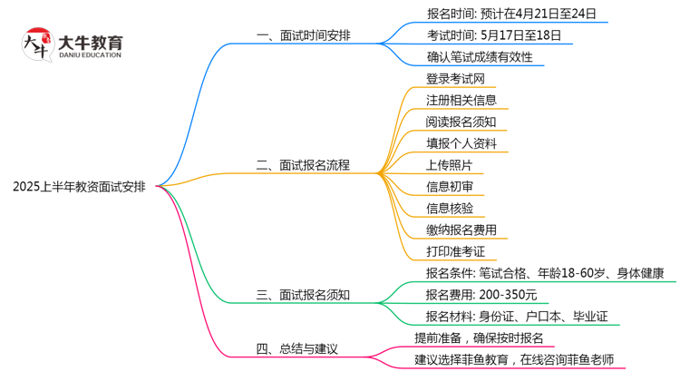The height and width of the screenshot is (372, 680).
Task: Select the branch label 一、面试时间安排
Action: (x=304, y=36)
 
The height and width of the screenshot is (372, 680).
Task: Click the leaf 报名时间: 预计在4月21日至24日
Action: (x=511, y=15)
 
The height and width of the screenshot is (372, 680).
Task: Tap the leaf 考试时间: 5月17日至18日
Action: (x=493, y=36)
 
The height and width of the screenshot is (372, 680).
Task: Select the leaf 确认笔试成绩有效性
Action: (x=479, y=58)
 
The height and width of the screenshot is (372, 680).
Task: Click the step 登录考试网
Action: (x=455, y=79)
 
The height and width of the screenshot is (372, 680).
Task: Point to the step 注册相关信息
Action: (x=461, y=101)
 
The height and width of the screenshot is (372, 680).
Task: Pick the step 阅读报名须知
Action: (x=461, y=122)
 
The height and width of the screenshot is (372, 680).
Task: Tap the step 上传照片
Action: (x=448, y=165)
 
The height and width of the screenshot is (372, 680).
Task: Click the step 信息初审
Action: (x=448, y=187)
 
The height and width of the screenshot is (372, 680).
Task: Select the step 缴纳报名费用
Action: (x=461, y=230)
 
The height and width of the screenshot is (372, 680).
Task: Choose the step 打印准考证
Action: (x=455, y=251)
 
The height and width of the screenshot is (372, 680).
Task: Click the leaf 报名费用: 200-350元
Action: (x=481, y=295)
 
